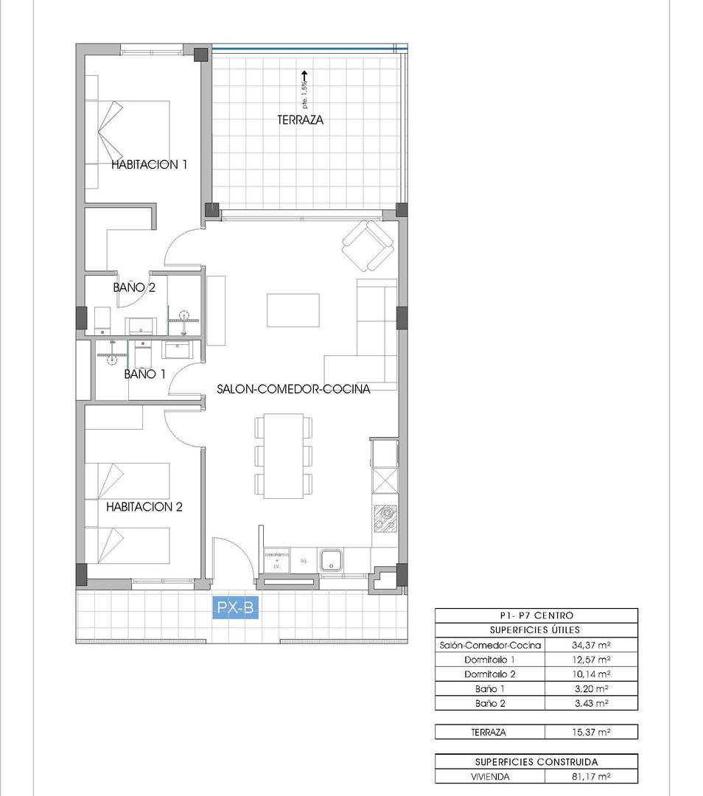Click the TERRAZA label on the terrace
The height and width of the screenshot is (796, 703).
click(301, 119)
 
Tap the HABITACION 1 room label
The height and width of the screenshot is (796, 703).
click(150, 164)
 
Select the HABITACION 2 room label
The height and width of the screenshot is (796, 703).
click(144, 507)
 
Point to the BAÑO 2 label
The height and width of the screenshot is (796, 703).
click(134, 287)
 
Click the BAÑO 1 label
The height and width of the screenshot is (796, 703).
click(144, 374)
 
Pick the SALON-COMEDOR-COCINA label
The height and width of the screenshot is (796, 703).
click(293, 389)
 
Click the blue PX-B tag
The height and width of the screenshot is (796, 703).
click(236, 608)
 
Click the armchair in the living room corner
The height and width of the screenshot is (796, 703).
click(367, 245)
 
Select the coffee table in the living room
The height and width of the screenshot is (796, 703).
click(293, 310)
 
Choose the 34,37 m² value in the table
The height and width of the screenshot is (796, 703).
click(590, 645)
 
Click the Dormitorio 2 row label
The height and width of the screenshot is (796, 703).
click(490, 674)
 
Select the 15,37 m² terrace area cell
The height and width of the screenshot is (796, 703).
click(590, 733)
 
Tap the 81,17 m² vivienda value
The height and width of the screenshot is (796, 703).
click(590, 776)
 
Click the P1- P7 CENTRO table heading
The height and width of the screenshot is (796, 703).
click(536, 615)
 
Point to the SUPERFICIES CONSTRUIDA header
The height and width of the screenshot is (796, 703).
click(536, 762)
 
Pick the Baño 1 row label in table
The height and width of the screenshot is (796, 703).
click(490, 689)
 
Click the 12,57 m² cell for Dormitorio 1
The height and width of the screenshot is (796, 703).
click(590, 660)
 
